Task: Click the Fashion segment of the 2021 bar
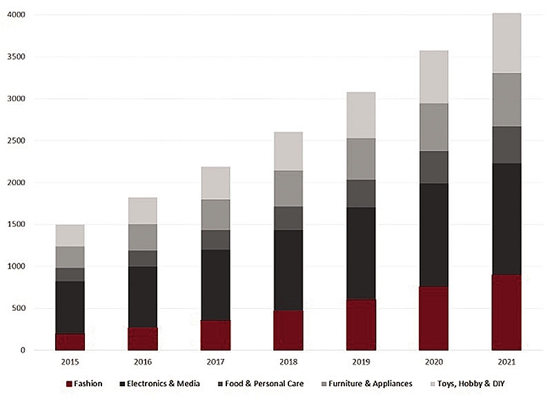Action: pos(506,312)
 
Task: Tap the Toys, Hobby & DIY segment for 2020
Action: pos(433,77)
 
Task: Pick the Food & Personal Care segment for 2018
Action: pos(288,218)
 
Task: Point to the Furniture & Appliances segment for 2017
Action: pos(215,214)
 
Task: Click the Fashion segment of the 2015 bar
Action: pos(70,342)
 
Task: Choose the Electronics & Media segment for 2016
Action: pos(143,296)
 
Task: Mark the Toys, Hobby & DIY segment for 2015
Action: pos(70,235)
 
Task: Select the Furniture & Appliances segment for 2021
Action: pos(506,99)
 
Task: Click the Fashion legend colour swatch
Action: pos(68,383)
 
